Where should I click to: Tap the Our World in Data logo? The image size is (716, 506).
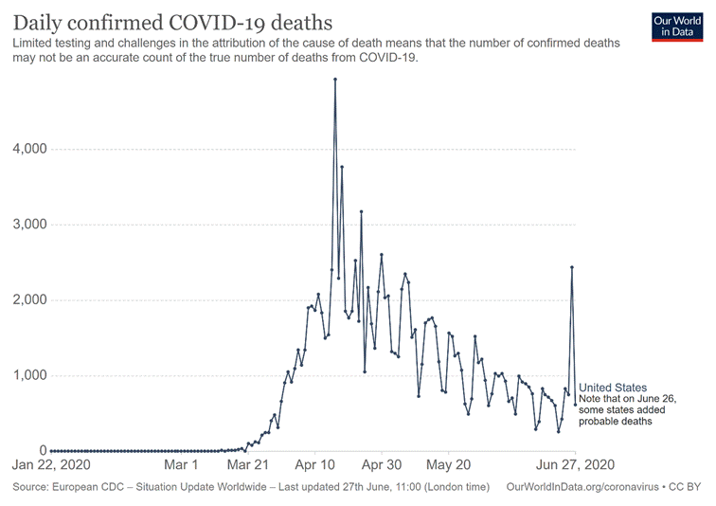click(678, 26)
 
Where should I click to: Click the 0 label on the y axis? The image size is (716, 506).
click(43, 450)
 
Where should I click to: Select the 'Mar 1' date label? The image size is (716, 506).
click(181, 466)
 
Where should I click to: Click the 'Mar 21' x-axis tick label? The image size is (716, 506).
click(249, 466)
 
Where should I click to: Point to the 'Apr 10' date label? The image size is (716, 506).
click(315, 466)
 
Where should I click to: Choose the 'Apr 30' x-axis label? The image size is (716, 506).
click(382, 466)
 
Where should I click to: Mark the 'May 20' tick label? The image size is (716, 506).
click(449, 466)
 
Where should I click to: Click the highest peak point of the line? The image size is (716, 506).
click(335, 80)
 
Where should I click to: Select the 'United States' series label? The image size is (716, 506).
click(613, 388)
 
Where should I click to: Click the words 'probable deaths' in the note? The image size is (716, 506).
click(616, 422)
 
